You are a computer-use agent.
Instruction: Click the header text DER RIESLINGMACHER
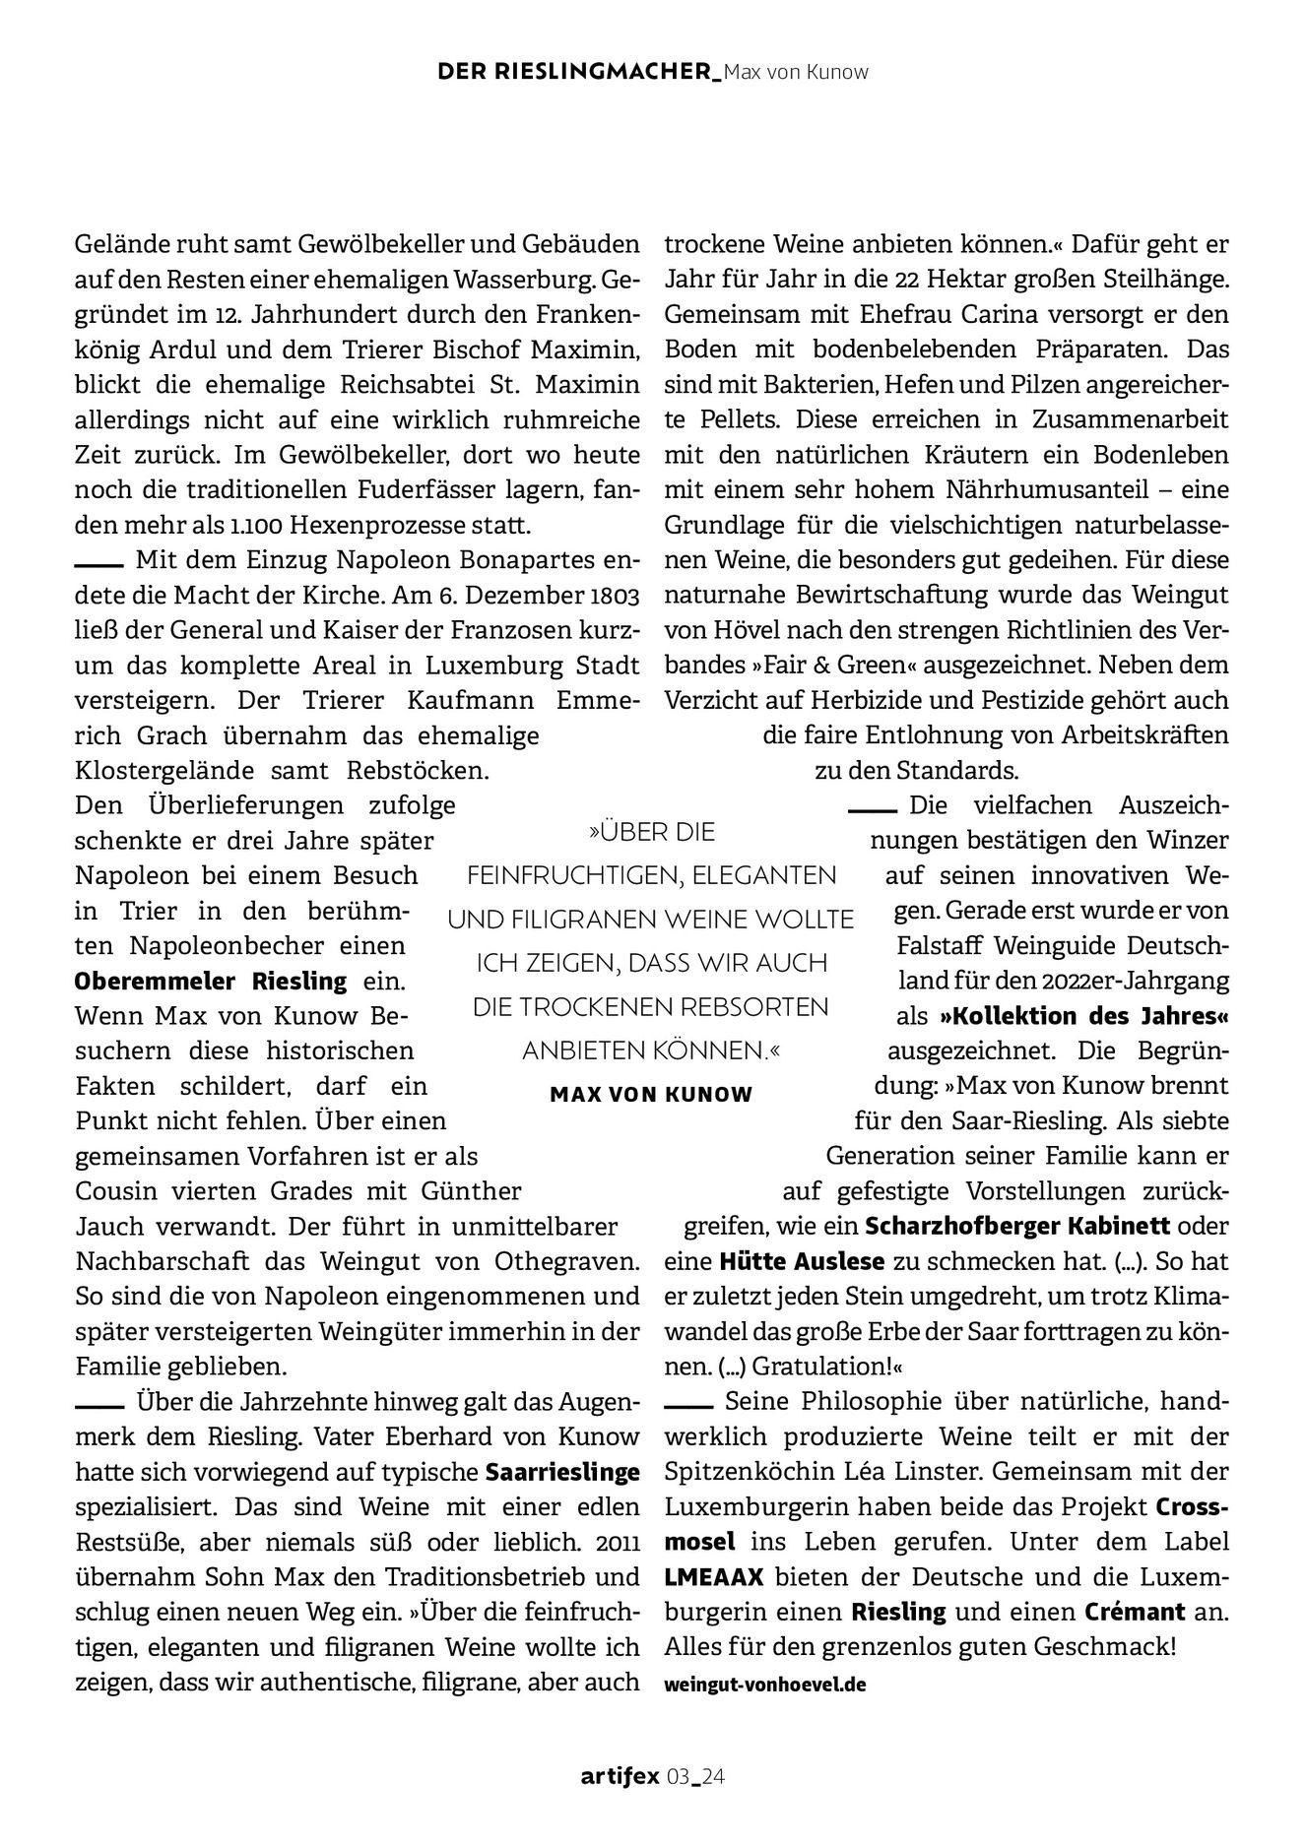578,72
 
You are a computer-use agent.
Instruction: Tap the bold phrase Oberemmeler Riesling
211,981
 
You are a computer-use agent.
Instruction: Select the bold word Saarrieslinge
562,1473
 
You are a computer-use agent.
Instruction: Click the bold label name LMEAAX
714,1577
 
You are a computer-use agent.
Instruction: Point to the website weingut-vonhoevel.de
765,1684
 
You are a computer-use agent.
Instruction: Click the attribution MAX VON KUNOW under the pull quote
651,1094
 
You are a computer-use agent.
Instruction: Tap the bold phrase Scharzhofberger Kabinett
1017,1227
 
